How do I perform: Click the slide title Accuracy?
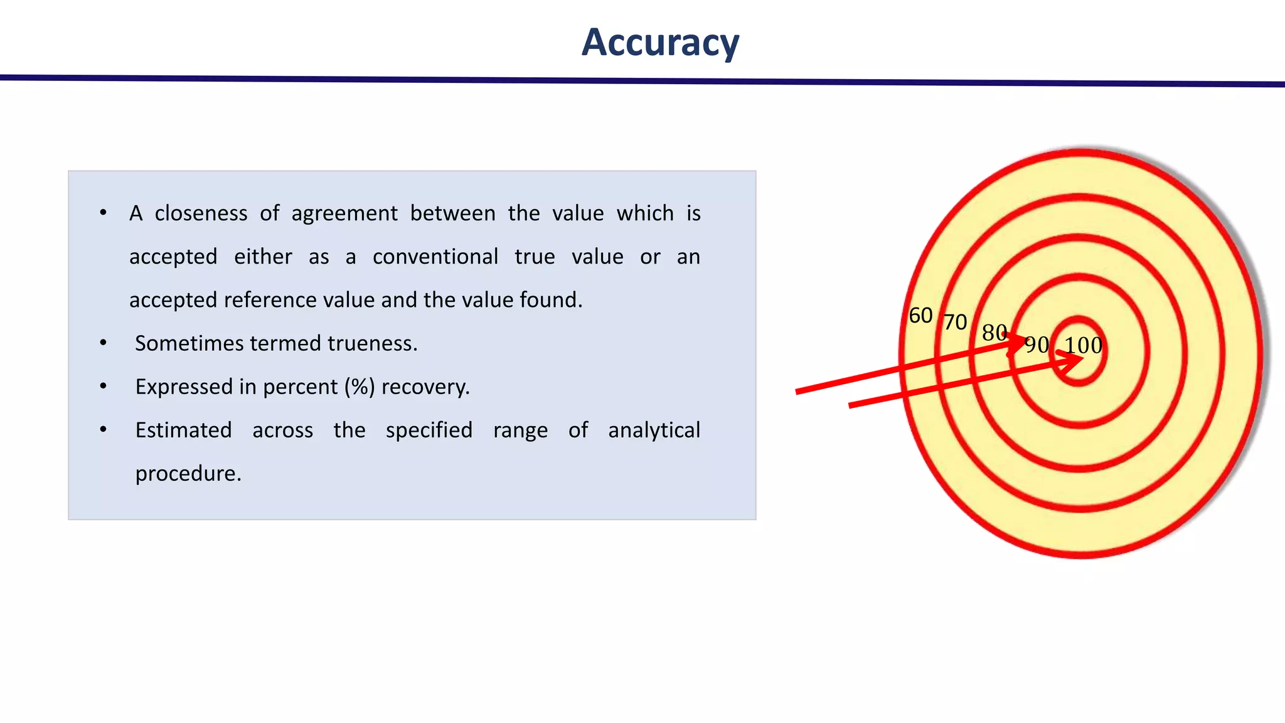pos(660,43)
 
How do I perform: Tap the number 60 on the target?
pos(920,315)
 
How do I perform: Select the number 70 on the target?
pos(956,322)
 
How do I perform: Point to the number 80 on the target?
pos(994,332)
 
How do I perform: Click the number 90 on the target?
pos(1037,345)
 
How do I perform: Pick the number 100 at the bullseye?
pos(1084,345)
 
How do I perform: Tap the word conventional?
pos(435,257)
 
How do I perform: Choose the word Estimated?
pos(183,430)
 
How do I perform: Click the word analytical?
pos(654,430)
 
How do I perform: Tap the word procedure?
pos(188,473)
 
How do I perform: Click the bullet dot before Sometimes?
pos(103,343)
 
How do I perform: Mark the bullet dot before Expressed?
pos(103,387)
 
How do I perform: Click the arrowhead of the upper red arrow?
pos(1020,342)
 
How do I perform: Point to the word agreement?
pos(344,213)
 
